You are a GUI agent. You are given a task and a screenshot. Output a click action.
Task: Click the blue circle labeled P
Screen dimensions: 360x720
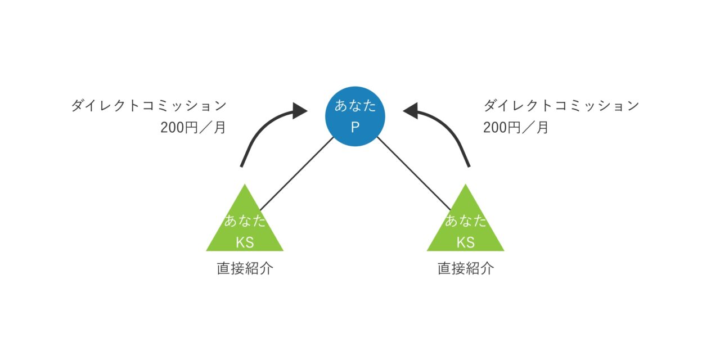[x=355, y=117]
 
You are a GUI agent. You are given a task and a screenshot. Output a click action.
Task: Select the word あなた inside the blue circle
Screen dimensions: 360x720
[x=355, y=106]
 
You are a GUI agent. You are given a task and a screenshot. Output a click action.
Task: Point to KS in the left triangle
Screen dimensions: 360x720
[x=245, y=242]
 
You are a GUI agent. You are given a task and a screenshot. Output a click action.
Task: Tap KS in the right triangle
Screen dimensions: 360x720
[x=466, y=242]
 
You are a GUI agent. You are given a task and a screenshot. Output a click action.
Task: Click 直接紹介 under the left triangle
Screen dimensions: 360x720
[x=245, y=268]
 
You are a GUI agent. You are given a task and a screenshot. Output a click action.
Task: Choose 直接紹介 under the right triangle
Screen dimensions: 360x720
[x=466, y=268]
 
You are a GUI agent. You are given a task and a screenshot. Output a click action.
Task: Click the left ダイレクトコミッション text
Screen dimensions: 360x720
[x=148, y=106]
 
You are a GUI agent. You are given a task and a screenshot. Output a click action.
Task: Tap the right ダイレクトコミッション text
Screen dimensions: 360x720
[x=561, y=106]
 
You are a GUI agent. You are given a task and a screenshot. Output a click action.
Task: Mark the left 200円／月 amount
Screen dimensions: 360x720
[x=193, y=128]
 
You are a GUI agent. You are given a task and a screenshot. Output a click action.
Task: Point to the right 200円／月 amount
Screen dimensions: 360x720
[x=516, y=128]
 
